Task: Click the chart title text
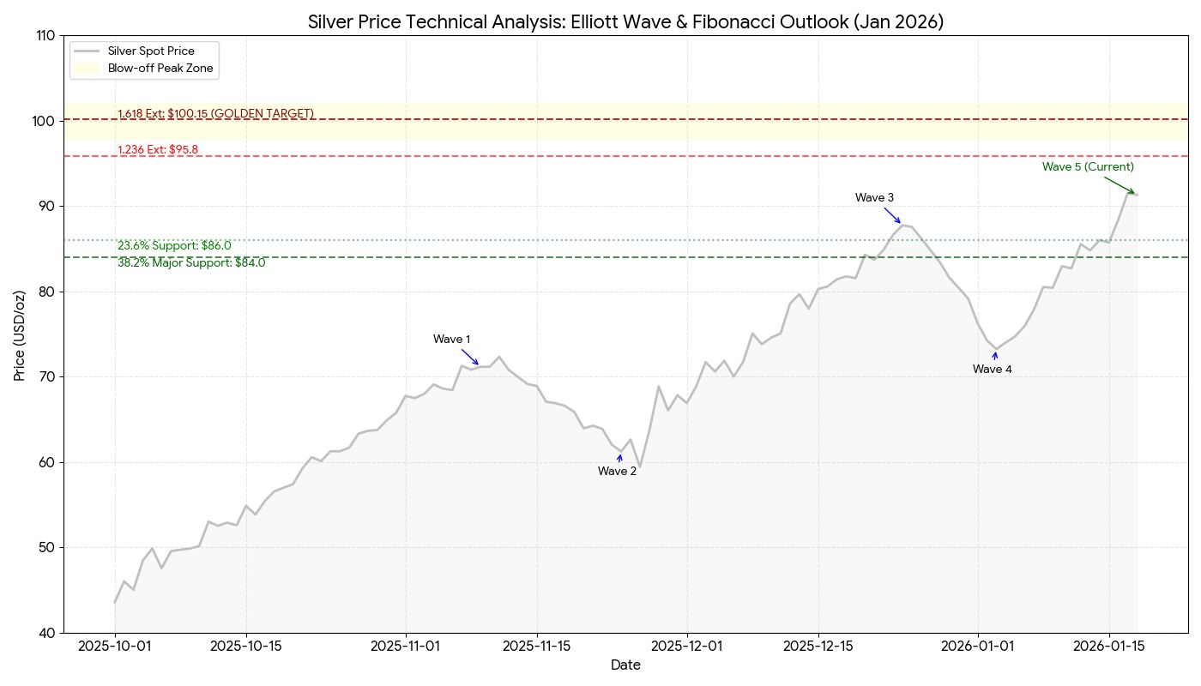point(625,22)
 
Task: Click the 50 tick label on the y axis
point(45,548)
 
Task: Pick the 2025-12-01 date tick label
point(687,647)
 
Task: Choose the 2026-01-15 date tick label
point(1108,647)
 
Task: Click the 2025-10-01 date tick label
point(115,647)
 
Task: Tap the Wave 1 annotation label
point(451,340)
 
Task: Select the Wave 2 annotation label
point(617,471)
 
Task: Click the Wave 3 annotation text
point(874,198)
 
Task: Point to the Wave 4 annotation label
point(992,370)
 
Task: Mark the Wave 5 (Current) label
point(1088,167)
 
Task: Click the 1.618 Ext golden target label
point(215,113)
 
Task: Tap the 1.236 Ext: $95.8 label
point(158,149)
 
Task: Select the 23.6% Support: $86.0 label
point(174,245)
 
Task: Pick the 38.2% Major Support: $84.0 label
point(191,263)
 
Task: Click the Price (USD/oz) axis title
point(19,334)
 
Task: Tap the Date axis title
point(625,665)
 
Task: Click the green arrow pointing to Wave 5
point(1119,185)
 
